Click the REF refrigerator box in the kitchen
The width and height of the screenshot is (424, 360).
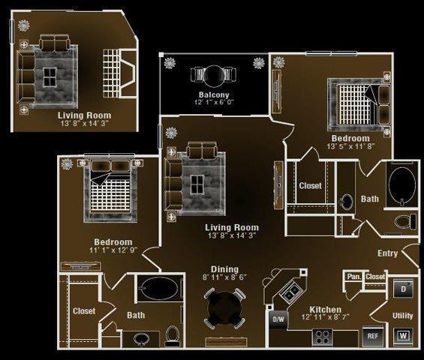click(373, 336)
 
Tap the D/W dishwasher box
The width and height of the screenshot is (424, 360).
click(278, 319)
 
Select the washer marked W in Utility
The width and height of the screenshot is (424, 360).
click(403, 336)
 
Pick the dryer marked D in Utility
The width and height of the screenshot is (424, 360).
click(403, 289)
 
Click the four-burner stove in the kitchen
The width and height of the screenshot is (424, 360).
click(323, 337)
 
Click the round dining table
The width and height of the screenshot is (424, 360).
click(224, 308)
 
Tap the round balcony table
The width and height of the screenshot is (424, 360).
click(213, 76)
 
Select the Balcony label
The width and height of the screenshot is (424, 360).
click(214, 94)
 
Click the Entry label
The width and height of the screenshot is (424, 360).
click(387, 253)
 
